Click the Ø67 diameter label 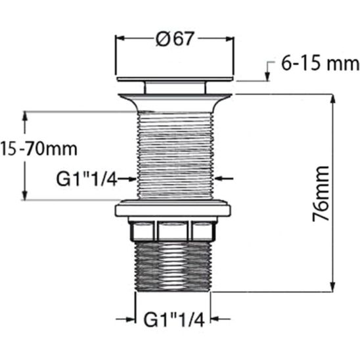click(x=174, y=39)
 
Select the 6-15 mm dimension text click(x=319, y=64)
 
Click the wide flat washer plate click(x=175, y=211)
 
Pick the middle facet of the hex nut click(x=174, y=231)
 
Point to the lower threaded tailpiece click(x=175, y=266)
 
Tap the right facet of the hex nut click(x=204, y=231)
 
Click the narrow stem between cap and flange click(x=175, y=87)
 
